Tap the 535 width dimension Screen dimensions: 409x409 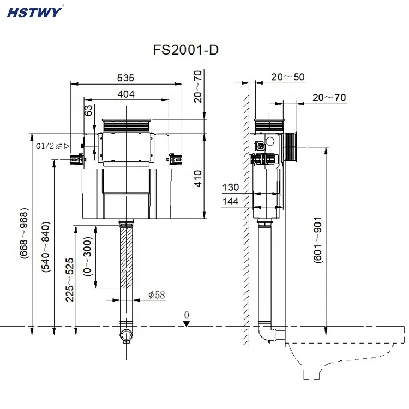[x=125, y=78]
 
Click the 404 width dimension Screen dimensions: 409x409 [x=125, y=94]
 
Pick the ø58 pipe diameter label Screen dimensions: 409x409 [x=156, y=295]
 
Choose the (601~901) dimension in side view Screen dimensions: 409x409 [x=318, y=240]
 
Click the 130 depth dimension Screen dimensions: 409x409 [x=231, y=188]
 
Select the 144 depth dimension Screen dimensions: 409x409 [x=231, y=202]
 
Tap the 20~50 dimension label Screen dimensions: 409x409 [x=288, y=77]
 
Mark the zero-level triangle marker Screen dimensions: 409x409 [x=187, y=323]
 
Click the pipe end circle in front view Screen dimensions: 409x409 [x=126, y=334]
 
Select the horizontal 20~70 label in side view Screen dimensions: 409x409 [x=329, y=98]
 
